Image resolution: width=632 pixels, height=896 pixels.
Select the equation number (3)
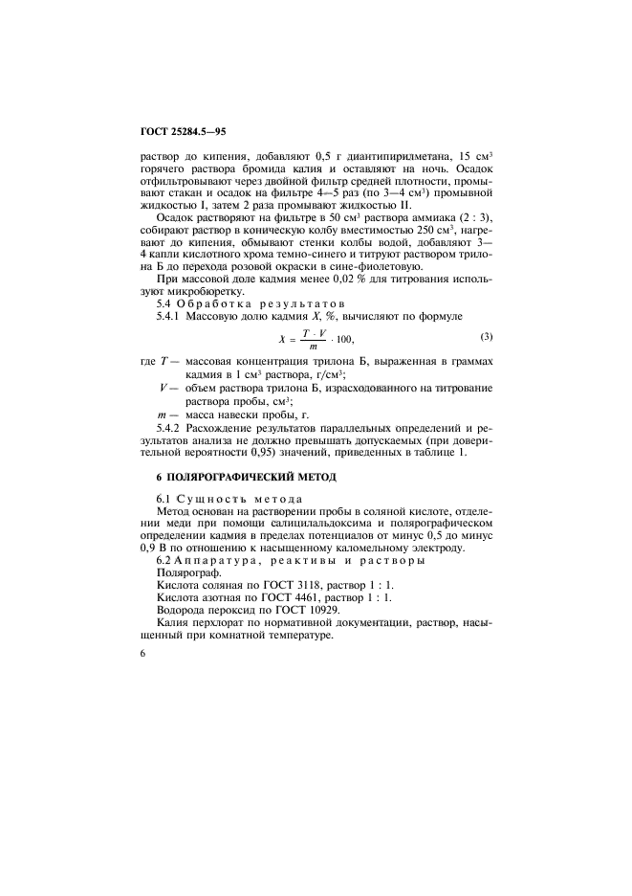486,336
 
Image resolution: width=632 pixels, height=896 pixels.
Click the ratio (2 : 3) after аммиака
469,218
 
